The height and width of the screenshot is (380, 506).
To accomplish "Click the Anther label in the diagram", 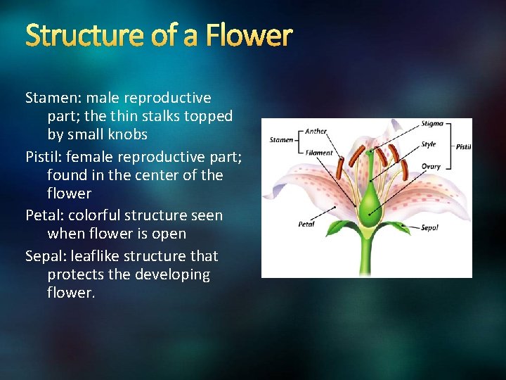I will point(316,131).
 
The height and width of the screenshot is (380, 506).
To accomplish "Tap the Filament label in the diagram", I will point(319,153).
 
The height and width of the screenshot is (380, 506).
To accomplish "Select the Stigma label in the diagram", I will point(432,124).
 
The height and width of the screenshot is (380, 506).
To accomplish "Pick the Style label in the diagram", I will point(429,144).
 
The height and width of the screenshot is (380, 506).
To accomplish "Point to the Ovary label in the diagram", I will point(432,167).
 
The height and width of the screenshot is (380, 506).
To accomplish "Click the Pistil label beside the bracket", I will point(463,147).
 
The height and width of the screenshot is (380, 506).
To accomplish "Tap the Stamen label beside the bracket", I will point(281,140).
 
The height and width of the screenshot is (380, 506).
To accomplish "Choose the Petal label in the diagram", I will point(306,224).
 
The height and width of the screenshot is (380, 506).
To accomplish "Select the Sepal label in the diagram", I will point(429,227).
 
